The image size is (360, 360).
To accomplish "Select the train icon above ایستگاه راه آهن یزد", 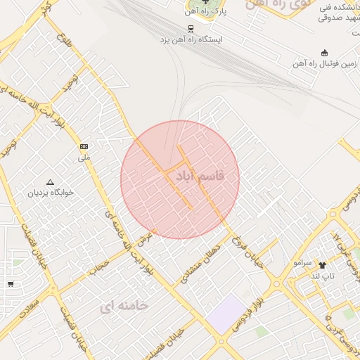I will pos(190,29).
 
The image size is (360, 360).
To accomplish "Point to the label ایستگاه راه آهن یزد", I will pos(191,40).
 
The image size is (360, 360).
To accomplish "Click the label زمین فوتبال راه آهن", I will pos(324,64).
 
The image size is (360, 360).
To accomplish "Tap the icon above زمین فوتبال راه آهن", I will pos(324,53).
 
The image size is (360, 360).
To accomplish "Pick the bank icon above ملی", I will pos(84,146).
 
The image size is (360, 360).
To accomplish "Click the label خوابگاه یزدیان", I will pos(50,191).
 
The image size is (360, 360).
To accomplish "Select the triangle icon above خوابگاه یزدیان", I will pos(49,181).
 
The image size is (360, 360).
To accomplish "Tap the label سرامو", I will pos(302,262).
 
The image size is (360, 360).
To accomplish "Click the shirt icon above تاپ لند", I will pos(323,265).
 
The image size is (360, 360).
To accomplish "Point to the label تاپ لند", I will pos(323,276).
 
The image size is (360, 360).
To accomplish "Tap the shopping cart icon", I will pos(11,284).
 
